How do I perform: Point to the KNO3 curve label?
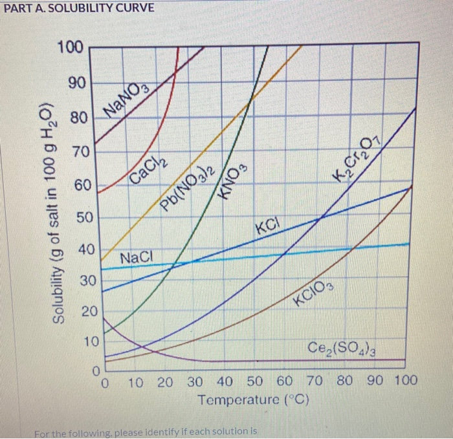tap(233, 183)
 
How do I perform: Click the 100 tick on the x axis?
tap(406, 381)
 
